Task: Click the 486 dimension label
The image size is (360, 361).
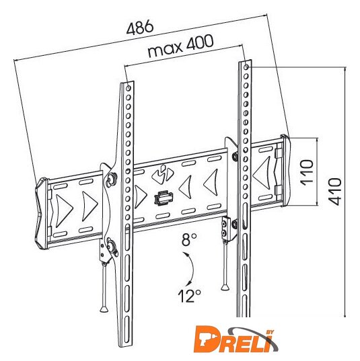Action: (140, 27)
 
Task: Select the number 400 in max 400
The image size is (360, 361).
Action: (200, 43)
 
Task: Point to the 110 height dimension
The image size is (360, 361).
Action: (307, 172)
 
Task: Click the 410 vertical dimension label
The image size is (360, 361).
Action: (334, 192)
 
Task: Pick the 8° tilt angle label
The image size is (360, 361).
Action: (189, 239)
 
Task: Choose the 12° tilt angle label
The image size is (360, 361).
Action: (189, 295)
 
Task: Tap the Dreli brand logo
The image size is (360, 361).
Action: (236, 339)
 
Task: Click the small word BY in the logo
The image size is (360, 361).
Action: (270, 332)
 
